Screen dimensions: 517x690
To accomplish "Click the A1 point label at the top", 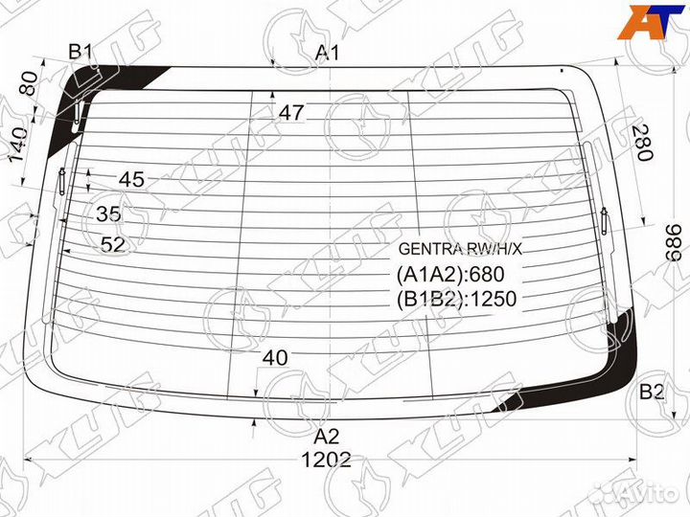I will pyautogui.click(x=329, y=54).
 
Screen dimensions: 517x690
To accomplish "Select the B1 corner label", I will pyautogui.click(x=80, y=52).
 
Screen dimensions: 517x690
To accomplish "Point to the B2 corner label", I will pyautogui.click(x=653, y=391).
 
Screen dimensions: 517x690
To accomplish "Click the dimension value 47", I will pyautogui.click(x=292, y=113).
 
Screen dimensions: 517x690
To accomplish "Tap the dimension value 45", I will pyautogui.click(x=131, y=179).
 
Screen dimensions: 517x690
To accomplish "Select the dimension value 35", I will pyautogui.click(x=109, y=213).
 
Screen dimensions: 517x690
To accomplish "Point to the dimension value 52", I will pyautogui.click(x=113, y=245).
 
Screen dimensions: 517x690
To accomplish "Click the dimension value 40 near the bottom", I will pyautogui.click(x=275, y=358).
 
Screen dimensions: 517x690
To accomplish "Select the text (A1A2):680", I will pyautogui.click(x=443, y=276).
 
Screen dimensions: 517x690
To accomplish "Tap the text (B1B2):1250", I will pyautogui.click(x=456, y=300).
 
